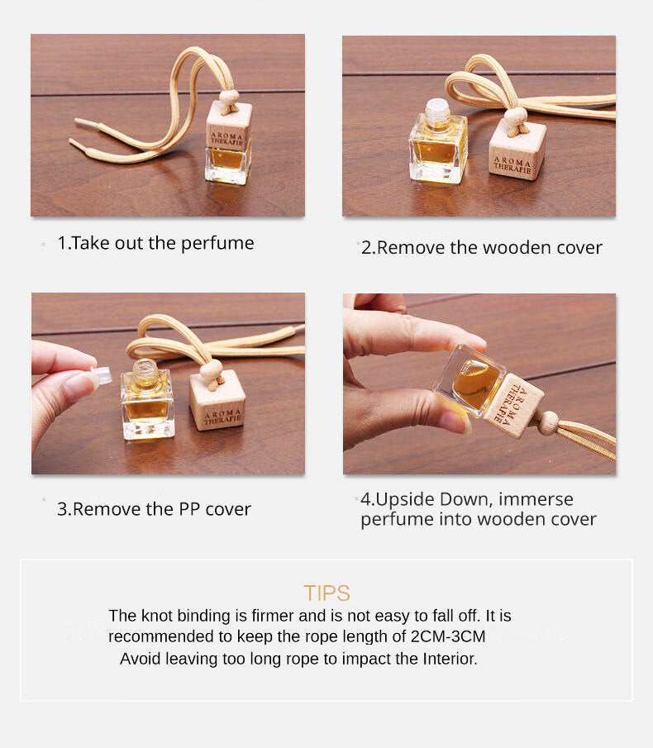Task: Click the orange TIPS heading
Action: (x=326, y=593)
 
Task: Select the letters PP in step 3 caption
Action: (x=189, y=509)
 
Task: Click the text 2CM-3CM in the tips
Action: (x=448, y=636)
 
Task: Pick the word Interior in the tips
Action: (x=450, y=659)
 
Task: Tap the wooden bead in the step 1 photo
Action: (x=230, y=98)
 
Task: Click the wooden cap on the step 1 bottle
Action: (x=229, y=126)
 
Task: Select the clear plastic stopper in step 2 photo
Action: (x=437, y=110)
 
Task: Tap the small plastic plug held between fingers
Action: (x=101, y=375)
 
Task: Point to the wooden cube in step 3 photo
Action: (x=217, y=400)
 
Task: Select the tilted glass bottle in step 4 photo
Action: (x=469, y=379)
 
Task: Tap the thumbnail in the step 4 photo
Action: (x=453, y=422)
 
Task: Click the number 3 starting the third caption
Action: (x=62, y=509)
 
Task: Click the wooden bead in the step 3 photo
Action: (x=212, y=370)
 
